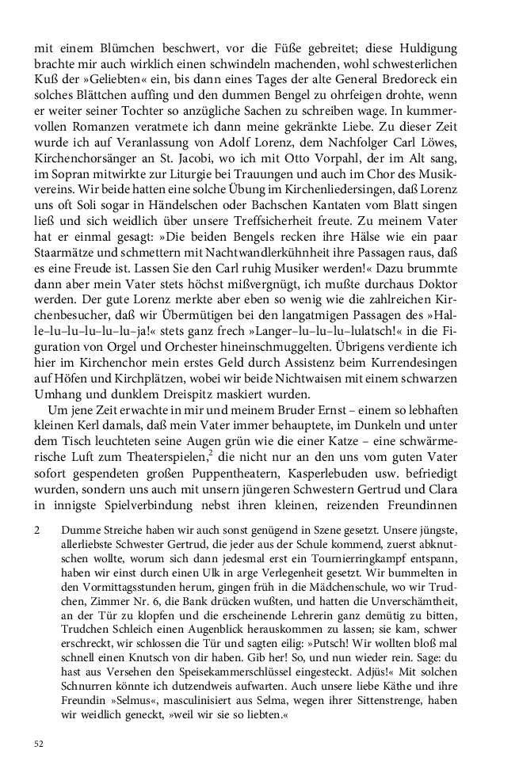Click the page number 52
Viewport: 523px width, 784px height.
click(38, 743)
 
